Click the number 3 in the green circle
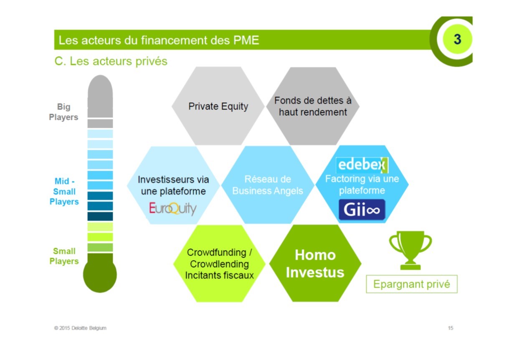click(457, 39)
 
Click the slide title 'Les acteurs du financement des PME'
click(159, 40)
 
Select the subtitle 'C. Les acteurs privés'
click(111, 61)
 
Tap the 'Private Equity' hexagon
click(218, 106)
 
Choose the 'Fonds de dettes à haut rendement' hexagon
click(313, 106)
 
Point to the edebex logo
click(362, 165)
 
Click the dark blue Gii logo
click(362, 210)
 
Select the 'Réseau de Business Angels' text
click(268, 185)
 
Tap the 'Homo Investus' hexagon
click(315, 264)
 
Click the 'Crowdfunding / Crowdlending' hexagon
click(219, 264)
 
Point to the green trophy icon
click(410, 250)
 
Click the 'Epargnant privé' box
click(412, 284)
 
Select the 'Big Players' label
click(63, 112)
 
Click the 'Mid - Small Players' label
click(64, 191)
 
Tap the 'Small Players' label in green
click(64, 256)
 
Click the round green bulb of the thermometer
click(100, 275)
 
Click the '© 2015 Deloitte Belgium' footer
click(80, 328)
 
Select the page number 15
click(451, 328)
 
